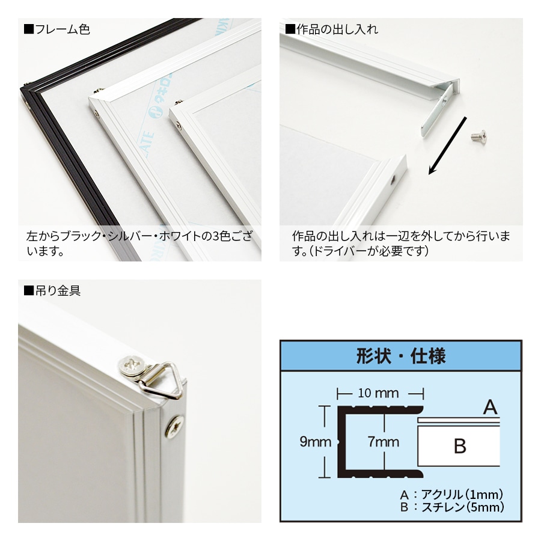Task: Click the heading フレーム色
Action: [57, 29]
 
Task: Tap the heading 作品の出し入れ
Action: [332, 29]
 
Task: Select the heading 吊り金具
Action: [52, 290]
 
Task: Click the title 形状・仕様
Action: [401, 356]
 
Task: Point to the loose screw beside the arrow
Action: [479, 136]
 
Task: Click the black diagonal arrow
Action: [447, 145]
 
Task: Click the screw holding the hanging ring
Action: [131, 367]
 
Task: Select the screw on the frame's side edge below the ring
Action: [174, 427]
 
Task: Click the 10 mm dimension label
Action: [378, 393]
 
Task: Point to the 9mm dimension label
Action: [316, 442]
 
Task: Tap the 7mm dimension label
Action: [384, 442]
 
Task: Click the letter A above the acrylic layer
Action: [491, 407]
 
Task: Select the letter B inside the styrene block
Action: [460, 446]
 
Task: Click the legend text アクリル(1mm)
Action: [462, 495]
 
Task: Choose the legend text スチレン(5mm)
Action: [463, 507]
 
